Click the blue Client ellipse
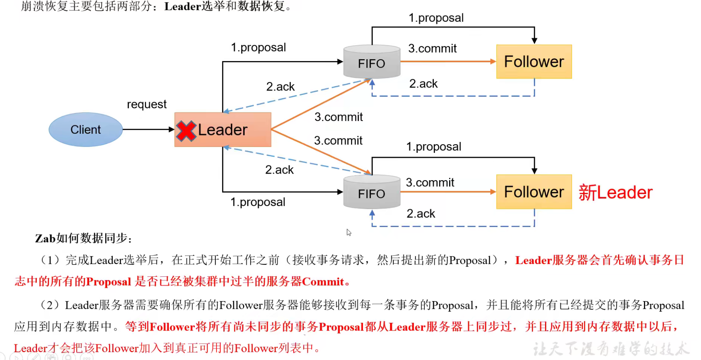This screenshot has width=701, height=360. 85,130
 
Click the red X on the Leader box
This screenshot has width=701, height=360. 186,130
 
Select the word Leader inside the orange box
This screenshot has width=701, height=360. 222,130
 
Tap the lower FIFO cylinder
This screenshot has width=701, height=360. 371,193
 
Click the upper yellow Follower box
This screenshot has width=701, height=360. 534,62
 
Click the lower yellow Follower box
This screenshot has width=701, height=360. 534,192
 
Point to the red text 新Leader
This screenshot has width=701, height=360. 615,192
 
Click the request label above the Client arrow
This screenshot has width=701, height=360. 146,104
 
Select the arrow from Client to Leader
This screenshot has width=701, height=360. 148,129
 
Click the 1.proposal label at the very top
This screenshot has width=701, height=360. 436,17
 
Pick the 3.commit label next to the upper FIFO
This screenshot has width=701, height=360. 432,48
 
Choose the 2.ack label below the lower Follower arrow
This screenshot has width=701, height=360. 420,214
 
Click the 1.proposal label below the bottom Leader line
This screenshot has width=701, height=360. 258,202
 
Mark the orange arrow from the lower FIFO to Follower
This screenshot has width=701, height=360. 448,192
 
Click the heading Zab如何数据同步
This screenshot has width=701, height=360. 83,238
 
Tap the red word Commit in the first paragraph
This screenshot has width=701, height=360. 323,282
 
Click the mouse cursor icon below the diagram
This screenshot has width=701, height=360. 349,232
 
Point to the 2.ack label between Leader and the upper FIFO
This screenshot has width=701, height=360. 280,86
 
